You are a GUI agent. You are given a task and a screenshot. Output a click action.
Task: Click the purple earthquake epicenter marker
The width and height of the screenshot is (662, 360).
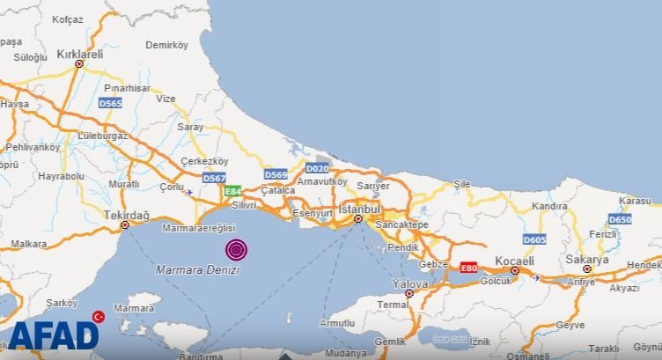pos(236,250)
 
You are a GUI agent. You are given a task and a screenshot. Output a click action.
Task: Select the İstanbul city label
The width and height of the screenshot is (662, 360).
pos(358,209)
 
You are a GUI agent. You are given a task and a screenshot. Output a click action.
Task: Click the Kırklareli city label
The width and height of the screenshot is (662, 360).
pos(79,54)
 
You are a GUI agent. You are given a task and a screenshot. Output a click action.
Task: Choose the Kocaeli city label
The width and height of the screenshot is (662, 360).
pos(515,261)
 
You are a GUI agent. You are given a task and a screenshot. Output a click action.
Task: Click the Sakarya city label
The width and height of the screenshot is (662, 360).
pos(586,260)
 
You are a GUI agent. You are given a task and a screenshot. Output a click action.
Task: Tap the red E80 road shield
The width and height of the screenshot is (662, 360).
pos(468,267)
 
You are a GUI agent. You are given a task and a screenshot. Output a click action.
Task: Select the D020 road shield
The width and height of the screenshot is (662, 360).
pos(317,168)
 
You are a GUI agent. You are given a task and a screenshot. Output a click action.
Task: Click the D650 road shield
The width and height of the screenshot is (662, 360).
pos(620,219)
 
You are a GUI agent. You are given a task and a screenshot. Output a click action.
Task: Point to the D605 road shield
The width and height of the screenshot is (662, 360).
pos(533,239)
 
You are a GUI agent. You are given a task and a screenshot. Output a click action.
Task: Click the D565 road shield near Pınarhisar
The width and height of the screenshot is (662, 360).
pos(110,103)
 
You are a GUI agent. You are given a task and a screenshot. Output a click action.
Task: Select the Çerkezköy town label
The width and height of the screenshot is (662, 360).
pos(203,161)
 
